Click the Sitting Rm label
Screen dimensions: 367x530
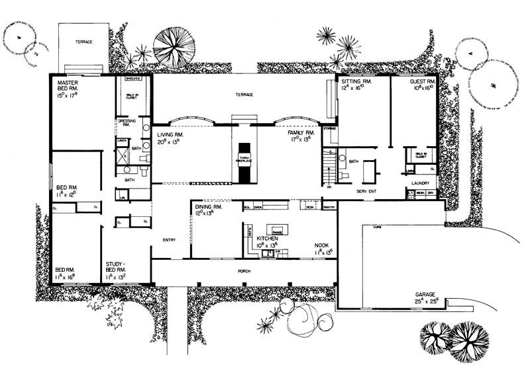click(x=357, y=83)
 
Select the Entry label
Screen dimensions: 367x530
click(x=169, y=240)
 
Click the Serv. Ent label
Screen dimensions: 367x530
click(x=366, y=191)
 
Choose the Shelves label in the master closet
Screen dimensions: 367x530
click(x=130, y=78)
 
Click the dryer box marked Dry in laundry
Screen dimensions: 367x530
click(x=431, y=193)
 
